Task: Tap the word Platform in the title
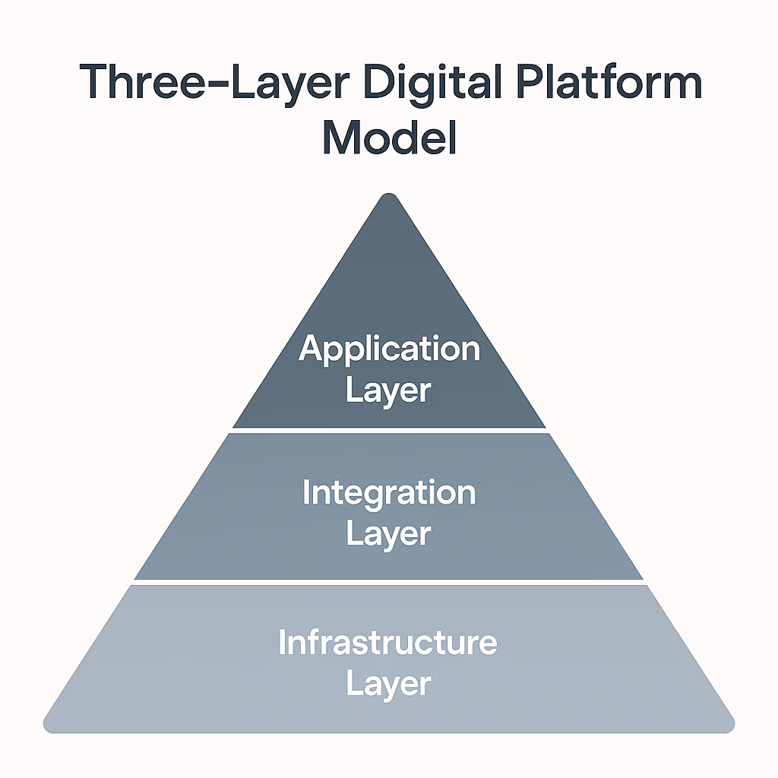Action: [602, 84]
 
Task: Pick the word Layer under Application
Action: [389, 391]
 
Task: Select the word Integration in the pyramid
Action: [389, 492]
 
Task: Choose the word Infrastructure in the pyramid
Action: [388, 643]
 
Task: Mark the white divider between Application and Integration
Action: [389, 430]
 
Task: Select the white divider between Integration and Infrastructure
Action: [389, 582]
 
